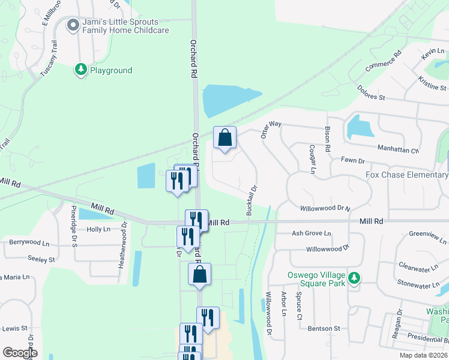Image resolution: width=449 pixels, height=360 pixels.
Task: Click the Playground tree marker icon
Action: [x=80, y=70]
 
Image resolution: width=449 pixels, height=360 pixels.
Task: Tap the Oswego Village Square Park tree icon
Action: [x=355, y=278]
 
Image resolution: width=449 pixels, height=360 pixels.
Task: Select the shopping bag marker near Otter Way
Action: [x=224, y=138]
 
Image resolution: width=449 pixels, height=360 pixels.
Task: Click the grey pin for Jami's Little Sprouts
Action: [x=73, y=25]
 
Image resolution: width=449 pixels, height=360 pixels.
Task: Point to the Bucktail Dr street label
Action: [x=252, y=200]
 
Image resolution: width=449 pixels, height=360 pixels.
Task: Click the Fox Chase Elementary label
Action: [x=407, y=175]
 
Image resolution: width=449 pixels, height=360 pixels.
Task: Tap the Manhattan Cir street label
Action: [x=397, y=148]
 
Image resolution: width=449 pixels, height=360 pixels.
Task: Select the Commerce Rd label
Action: [x=382, y=62]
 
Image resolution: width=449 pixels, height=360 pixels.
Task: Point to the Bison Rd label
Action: [x=328, y=139]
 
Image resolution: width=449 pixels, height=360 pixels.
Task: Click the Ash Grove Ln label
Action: [x=311, y=233]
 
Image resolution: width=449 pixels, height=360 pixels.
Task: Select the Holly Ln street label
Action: [x=98, y=229]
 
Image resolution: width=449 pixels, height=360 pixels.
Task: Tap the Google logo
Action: [x=20, y=352]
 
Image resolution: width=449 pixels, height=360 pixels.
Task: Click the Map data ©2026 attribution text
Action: [x=423, y=355]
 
